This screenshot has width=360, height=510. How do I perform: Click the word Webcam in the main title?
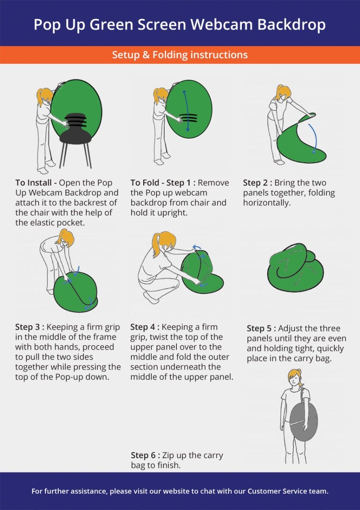[221, 24]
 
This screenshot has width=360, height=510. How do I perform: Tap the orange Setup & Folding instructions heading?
[180, 55]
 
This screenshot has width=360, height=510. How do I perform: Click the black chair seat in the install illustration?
[75, 137]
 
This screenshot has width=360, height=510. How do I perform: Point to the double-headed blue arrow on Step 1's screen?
[186, 110]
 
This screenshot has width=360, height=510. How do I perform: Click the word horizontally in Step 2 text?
[267, 203]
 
